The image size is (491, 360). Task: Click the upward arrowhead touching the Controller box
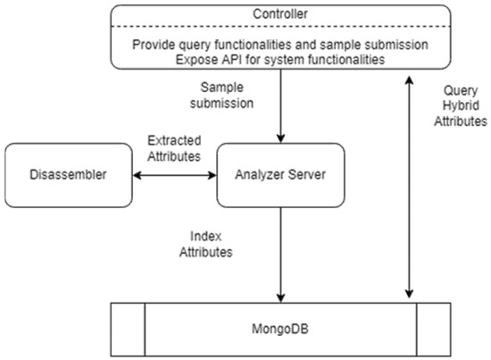(x=408, y=79)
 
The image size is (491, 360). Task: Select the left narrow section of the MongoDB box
(x=127, y=330)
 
